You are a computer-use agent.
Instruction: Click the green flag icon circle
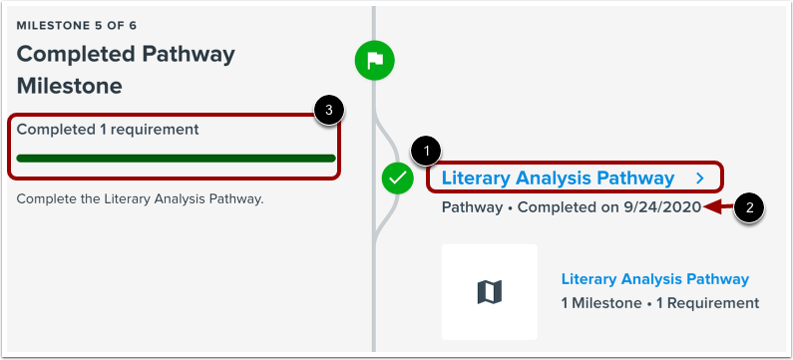375,61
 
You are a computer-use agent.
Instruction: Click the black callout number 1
427,151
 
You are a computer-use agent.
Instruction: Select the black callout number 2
750,208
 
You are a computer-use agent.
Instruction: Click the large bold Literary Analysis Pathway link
557,179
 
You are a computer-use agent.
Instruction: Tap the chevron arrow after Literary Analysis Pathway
701,179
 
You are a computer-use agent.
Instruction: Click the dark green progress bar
177,158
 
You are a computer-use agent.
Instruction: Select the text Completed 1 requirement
108,129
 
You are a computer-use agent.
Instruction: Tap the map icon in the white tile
490,292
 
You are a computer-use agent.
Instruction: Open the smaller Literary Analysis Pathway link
654,279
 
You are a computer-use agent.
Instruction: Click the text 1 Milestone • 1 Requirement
659,302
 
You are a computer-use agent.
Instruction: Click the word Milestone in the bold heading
70,86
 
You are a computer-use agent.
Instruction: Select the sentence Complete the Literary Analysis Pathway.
139,198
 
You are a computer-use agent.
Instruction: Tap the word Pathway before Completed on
470,207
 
